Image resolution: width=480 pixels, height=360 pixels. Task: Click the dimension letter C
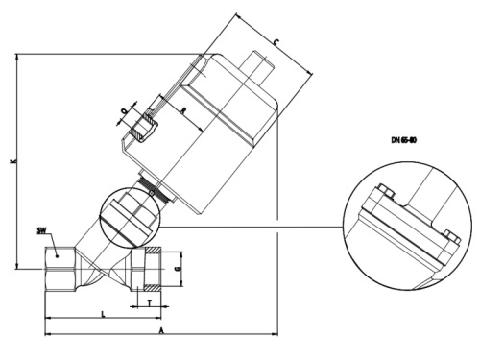(276, 43)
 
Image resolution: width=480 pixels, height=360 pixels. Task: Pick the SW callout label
(40, 230)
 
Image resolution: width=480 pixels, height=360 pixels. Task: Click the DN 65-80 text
(404, 140)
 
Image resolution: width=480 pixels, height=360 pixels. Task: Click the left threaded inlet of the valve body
(58, 274)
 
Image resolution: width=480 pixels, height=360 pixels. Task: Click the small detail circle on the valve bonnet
(132, 217)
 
